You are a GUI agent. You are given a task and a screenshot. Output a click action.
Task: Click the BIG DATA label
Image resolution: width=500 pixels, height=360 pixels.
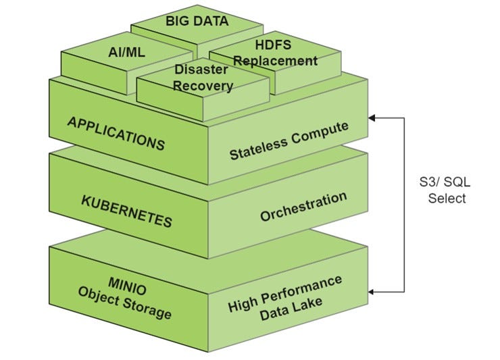point(197,21)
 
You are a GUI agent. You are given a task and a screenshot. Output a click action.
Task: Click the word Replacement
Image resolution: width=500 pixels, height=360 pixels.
point(276,61)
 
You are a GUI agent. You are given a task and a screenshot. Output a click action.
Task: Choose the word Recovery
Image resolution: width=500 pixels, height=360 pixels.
point(203,86)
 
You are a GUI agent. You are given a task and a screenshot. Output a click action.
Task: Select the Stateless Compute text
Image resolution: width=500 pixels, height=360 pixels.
point(289,140)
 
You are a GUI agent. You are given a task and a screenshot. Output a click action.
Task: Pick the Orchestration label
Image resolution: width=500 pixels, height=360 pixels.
point(303,207)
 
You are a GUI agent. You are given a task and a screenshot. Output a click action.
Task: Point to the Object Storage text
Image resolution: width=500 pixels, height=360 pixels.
point(124,303)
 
